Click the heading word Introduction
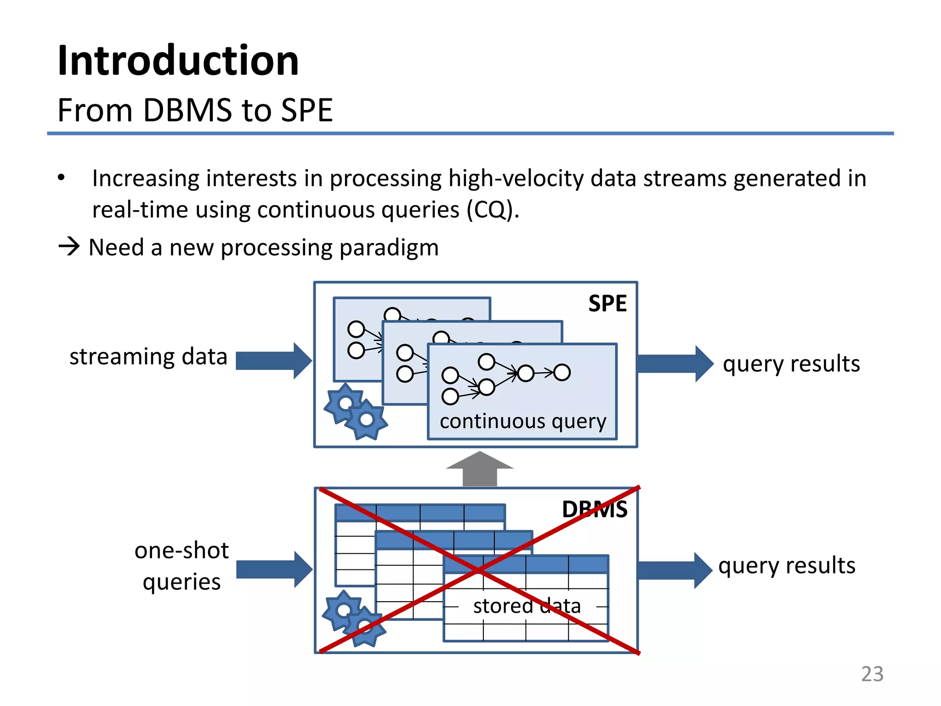coord(178,61)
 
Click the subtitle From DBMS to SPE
coord(195,110)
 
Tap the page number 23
coord(872,674)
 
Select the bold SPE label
coord(607,304)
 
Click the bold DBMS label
coord(595,509)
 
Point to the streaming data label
coord(148,357)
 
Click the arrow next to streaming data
coord(273,361)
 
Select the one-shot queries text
coord(181,566)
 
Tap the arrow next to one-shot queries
coord(274,569)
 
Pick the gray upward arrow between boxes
coord(479,469)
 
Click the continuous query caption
coord(523,421)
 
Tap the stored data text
coord(527,606)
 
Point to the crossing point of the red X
coord(479,570)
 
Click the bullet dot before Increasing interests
coord(62,178)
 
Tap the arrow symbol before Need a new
coord(69,247)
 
